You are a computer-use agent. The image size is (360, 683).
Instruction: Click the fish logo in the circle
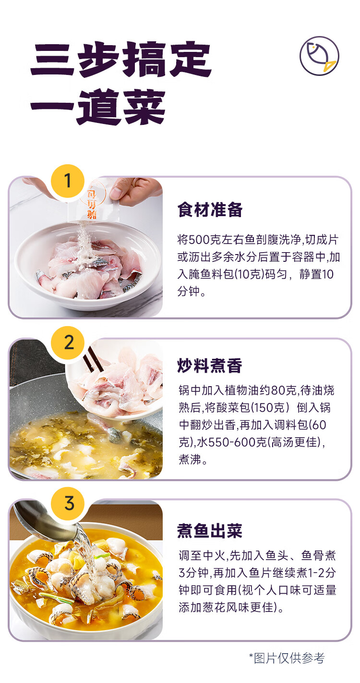[319, 56]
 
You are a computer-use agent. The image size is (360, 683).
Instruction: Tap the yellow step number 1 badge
[68, 181]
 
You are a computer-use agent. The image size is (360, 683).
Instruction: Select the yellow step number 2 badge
[68, 342]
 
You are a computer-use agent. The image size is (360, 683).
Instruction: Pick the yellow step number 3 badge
[68, 503]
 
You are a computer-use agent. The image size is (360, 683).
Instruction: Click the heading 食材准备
[210, 209]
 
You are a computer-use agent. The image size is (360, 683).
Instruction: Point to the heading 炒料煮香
[210, 366]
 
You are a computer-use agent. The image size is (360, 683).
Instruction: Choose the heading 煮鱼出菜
[210, 531]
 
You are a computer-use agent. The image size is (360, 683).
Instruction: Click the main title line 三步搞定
[120, 60]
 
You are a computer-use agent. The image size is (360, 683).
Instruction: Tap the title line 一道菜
[98, 107]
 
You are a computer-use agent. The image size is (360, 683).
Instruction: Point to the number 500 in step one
[199, 240]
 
